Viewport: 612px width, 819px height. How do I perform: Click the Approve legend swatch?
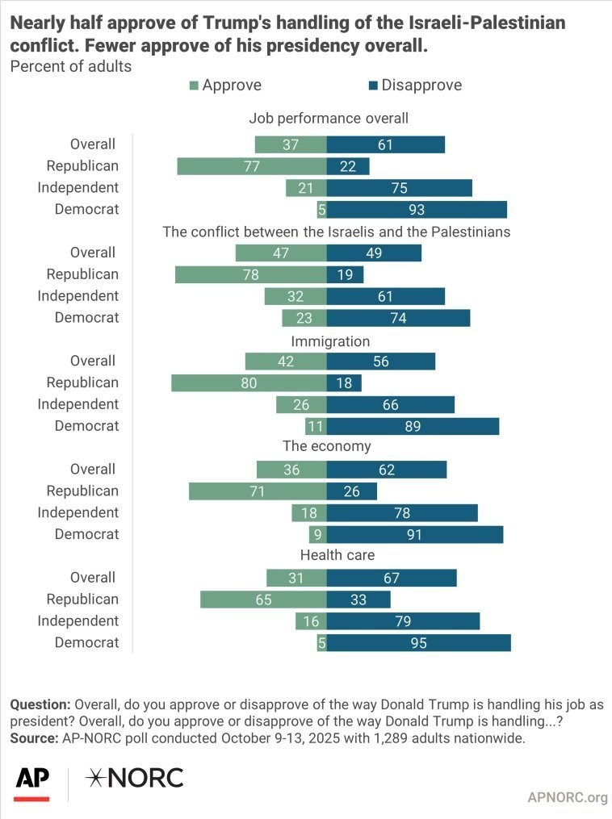click(194, 86)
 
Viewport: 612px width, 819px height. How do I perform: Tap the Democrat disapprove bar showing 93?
click(417, 209)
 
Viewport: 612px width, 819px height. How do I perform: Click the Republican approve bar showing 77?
click(252, 166)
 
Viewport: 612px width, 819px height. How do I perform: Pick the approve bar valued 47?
click(281, 253)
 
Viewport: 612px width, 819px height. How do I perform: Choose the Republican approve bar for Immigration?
click(249, 382)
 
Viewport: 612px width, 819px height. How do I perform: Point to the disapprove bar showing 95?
click(418, 642)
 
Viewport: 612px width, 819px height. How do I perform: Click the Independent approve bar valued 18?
click(309, 512)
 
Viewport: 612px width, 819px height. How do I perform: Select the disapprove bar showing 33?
click(358, 599)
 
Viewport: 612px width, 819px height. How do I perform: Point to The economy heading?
click(326, 446)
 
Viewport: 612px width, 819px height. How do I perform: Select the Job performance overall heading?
click(328, 118)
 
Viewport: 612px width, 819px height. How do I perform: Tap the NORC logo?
click(136, 778)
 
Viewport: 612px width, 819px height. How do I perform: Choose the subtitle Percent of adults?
click(70, 66)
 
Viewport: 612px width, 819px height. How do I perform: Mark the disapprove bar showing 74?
click(398, 317)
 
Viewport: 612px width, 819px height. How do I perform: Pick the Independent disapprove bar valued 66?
click(391, 404)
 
